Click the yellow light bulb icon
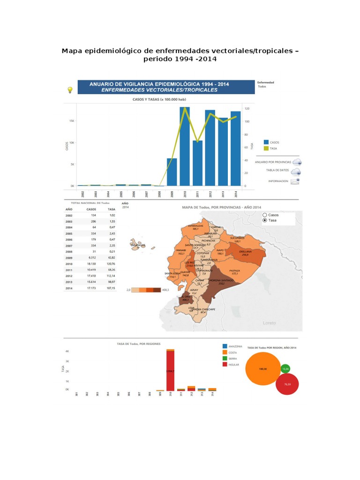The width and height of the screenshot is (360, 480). tap(70, 90)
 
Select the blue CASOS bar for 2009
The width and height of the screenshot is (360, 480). tap(172, 172)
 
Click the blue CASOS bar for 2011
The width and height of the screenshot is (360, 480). tap(197, 163)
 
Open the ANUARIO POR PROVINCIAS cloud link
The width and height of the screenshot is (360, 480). tap(297, 161)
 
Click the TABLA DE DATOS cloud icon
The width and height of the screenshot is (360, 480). tap(296, 171)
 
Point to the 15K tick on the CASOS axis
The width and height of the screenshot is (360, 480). tap(71, 121)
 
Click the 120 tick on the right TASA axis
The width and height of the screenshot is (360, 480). tap(247, 108)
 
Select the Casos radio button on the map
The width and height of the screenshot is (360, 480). tap(265, 215)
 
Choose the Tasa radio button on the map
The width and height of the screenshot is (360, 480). tap(265, 220)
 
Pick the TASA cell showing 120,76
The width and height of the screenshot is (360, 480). tap(111, 264)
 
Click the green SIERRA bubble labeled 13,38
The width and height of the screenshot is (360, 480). tap(285, 368)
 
